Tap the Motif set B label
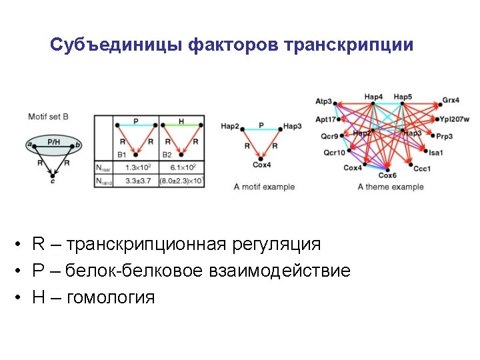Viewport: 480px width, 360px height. (48, 117)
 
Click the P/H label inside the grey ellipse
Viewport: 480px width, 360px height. (53, 142)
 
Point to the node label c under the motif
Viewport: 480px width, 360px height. (53, 181)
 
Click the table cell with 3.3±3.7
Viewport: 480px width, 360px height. (136, 179)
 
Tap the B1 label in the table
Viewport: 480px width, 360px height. (122, 155)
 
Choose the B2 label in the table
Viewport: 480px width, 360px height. (168, 155)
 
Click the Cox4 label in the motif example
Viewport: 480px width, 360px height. (261, 165)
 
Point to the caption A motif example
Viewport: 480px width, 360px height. (264, 187)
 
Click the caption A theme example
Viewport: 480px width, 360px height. (390, 187)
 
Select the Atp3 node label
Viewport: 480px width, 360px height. (324, 101)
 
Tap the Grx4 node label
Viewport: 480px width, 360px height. (451, 101)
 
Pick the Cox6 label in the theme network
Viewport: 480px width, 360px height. (388, 176)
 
